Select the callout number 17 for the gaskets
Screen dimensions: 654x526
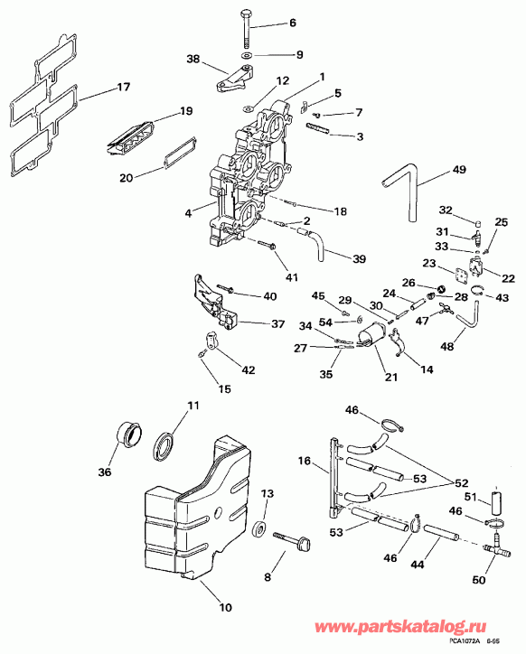(x=123, y=88)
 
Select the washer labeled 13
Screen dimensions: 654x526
(x=261, y=528)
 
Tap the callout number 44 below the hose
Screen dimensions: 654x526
(x=418, y=564)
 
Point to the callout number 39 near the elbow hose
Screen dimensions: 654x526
(x=359, y=259)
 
